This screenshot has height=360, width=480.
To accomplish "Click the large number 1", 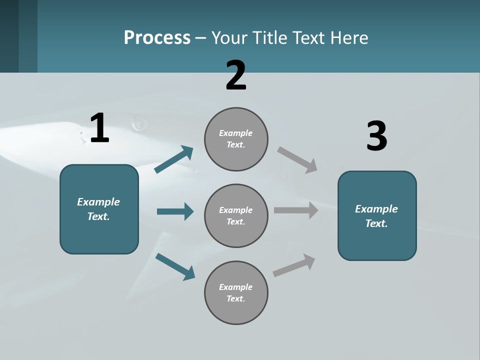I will pos(99,128).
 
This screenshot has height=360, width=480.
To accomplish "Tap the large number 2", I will pos(236,75).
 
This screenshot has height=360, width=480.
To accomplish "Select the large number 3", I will pos(376,136).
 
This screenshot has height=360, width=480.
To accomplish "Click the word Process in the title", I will pos(157,37).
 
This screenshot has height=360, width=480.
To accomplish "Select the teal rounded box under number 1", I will pos(99,209).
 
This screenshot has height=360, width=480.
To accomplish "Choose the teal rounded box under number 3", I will pos(377,216).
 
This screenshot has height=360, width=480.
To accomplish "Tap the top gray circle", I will pos(236,139).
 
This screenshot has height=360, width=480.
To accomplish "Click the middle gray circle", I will pos(236,216).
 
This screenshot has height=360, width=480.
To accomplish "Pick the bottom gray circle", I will pos(236,293).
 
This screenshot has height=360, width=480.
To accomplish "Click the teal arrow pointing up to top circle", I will pos(174,159).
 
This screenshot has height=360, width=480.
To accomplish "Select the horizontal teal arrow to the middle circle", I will pos(175,211).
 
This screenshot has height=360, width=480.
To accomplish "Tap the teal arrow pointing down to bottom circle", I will pos(175,266).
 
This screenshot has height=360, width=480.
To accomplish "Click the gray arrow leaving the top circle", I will pos(297,160).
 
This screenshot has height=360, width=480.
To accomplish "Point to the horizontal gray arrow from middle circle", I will pos(296,210).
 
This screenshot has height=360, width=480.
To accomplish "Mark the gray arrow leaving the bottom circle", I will pos(294,265).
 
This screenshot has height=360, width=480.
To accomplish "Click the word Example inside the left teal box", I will pos(98,202).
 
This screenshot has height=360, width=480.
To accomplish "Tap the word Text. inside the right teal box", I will pos(376,223).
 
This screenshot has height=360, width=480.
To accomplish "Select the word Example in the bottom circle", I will pos(235,287).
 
